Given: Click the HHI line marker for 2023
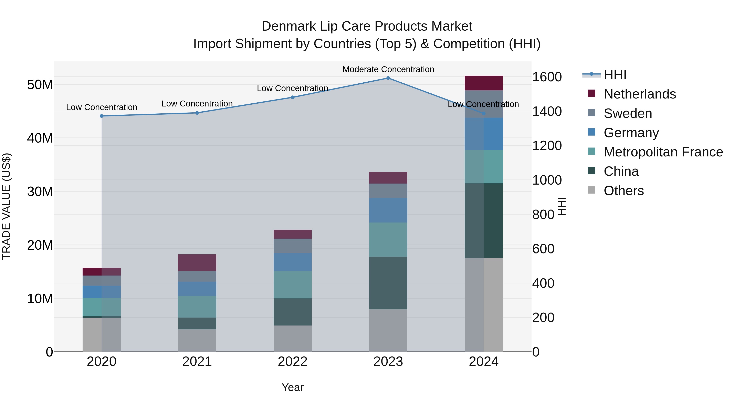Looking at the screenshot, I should click(388, 78).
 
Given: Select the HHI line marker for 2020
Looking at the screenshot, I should click(102, 116).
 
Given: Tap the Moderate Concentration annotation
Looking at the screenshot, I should click(388, 69).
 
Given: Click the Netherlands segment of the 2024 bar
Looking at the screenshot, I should click(484, 83).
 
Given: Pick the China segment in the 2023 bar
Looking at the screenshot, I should click(388, 283).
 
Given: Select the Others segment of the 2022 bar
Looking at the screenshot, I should click(293, 339).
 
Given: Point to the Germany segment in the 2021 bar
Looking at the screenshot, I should click(197, 289).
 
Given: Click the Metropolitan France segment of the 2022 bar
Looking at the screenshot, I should click(293, 285).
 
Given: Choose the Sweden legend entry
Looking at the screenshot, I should click(628, 113).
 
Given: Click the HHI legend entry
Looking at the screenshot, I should click(615, 75).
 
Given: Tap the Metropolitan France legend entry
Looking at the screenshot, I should click(663, 152).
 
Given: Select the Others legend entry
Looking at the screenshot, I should click(623, 191).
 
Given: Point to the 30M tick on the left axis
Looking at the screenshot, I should click(40, 192).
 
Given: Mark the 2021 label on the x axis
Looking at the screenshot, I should click(197, 362).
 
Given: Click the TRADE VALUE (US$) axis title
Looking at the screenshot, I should click(6, 206).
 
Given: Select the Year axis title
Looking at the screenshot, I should click(293, 387).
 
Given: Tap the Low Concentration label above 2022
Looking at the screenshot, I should click(293, 88).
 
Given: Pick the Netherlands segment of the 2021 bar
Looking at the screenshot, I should click(197, 262).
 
